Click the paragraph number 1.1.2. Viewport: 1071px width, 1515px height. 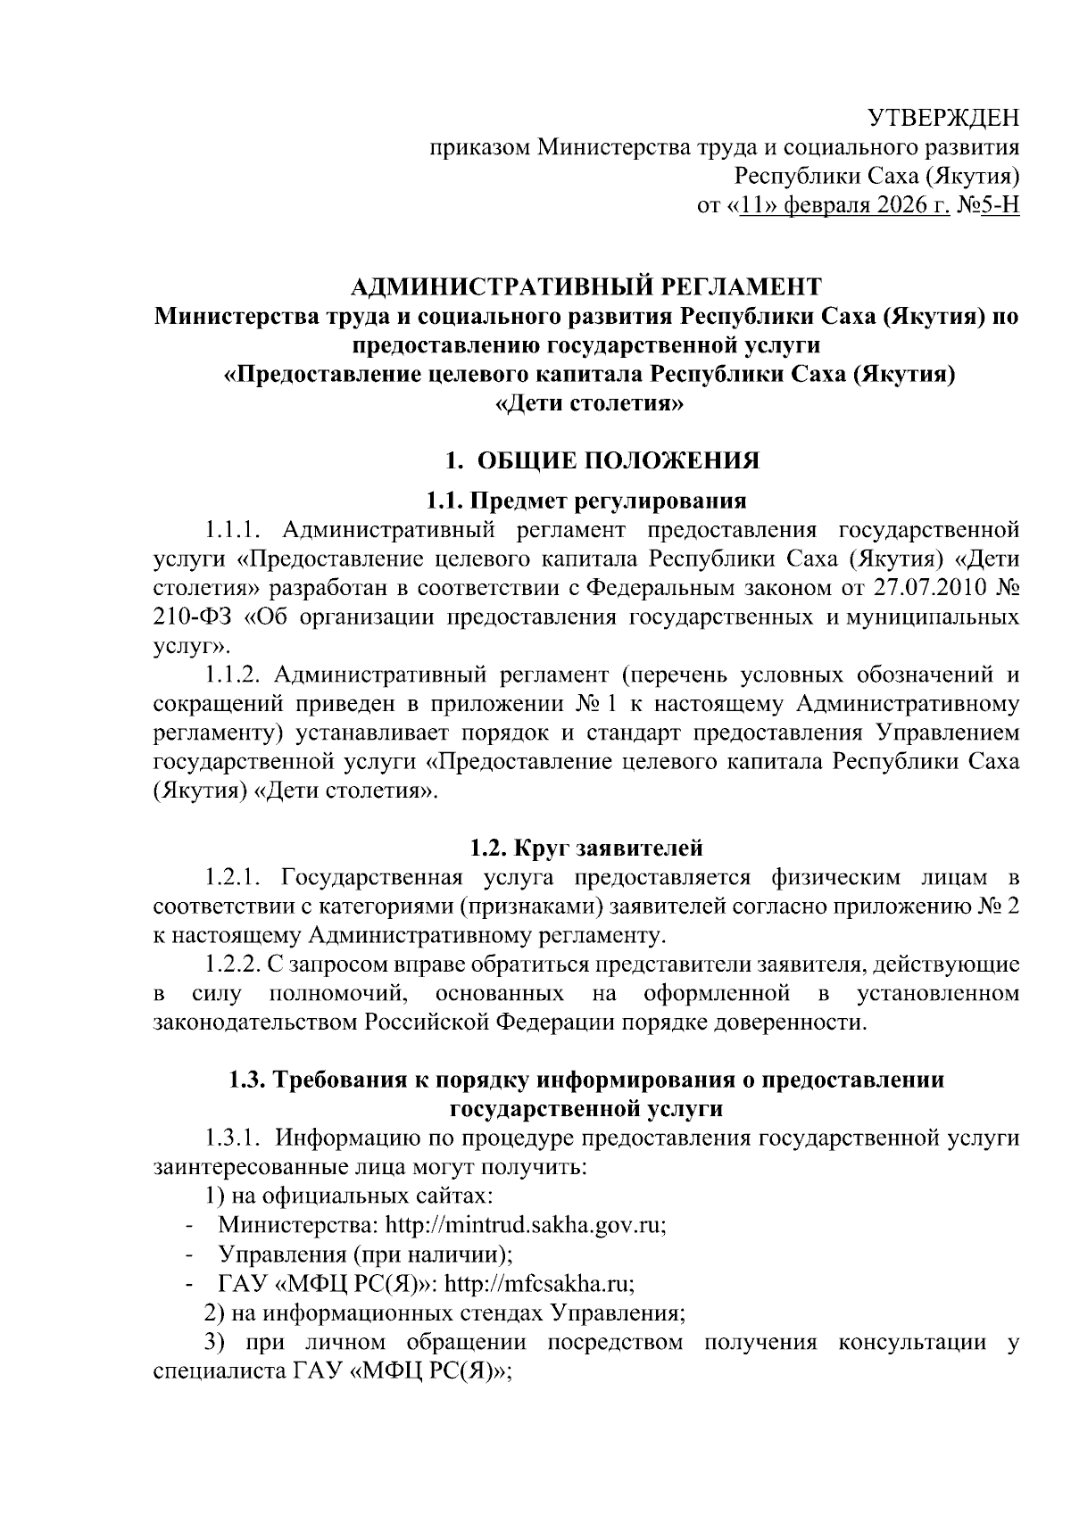pyautogui.click(x=230, y=675)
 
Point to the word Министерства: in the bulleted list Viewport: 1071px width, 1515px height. pyautogui.click(x=282, y=1224)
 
